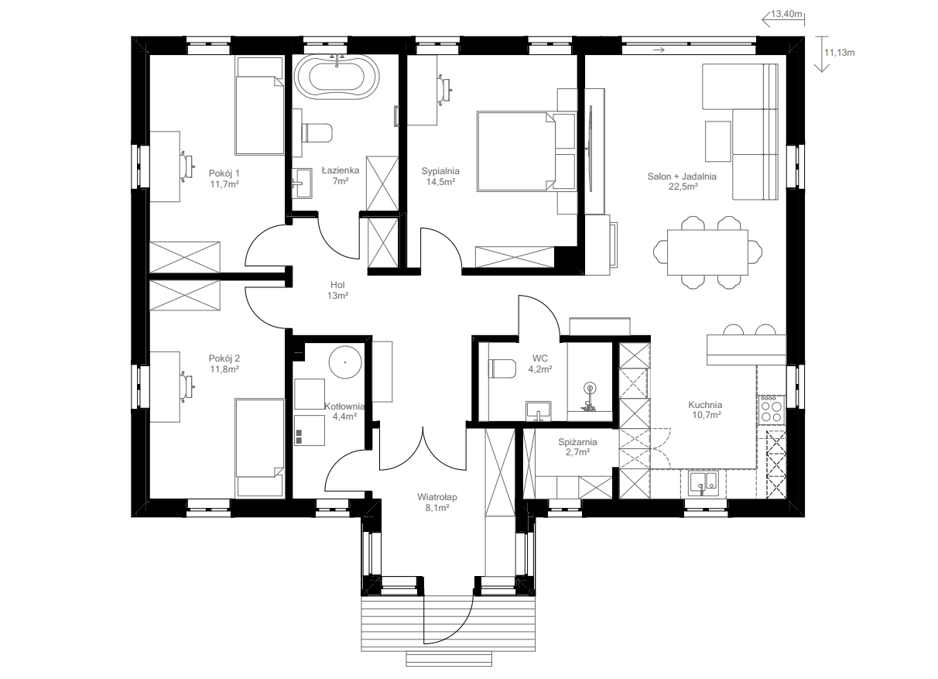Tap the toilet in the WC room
pyautogui.click(x=502, y=369)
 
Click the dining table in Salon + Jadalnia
pyautogui.click(x=707, y=252)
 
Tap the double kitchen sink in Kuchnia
pyautogui.click(x=703, y=482)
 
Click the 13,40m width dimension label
pyautogui.click(x=786, y=14)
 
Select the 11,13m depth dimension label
pyautogui.click(x=839, y=53)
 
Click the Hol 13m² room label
pyautogui.click(x=337, y=290)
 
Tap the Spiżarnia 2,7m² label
pyautogui.click(x=577, y=447)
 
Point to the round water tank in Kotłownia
pyautogui.click(x=345, y=362)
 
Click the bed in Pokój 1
pyautogui.click(x=259, y=105)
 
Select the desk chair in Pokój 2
pyautogui.click(x=187, y=386)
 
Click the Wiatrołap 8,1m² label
pyautogui.click(x=436, y=502)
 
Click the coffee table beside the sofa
pyautogui.click(x=717, y=141)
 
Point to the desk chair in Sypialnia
pyautogui.click(x=444, y=88)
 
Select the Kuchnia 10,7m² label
pyautogui.click(x=706, y=410)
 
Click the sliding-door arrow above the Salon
pyautogui.click(x=659, y=50)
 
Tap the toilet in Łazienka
pyautogui.click(x=317, y=132)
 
